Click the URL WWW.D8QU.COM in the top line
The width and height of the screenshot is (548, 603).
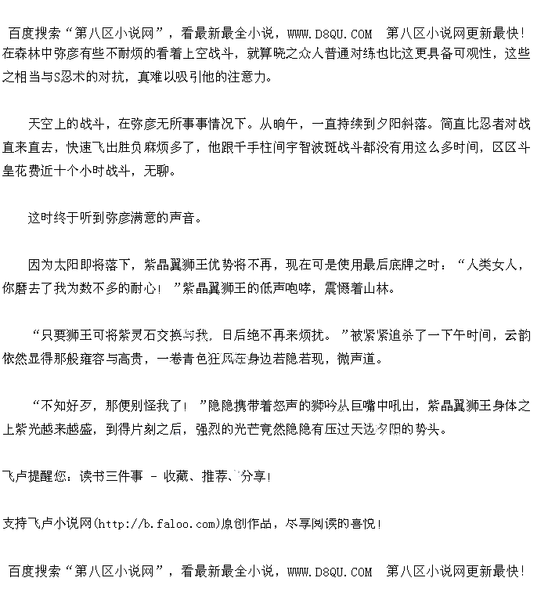tap(330, 34)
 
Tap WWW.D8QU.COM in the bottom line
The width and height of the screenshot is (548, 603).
tap(330, 572)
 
